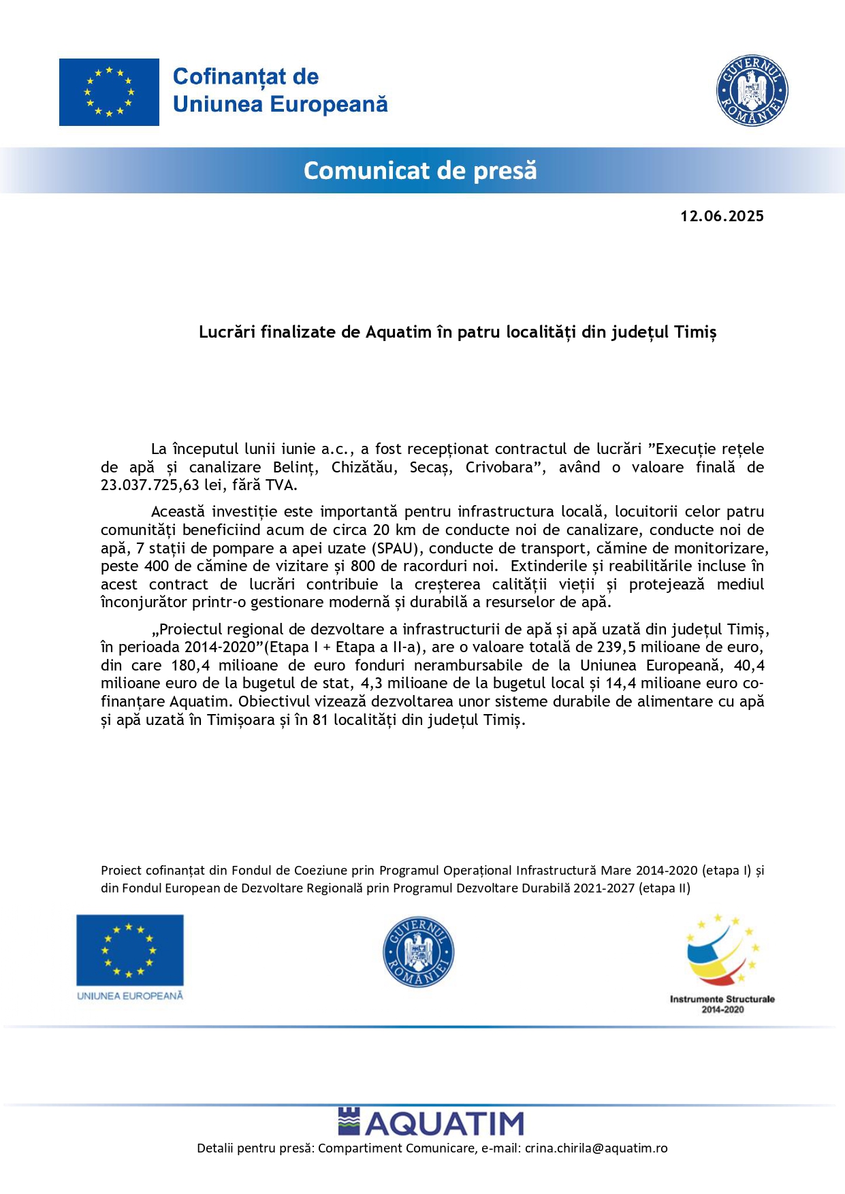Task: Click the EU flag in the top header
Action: coord(109,92)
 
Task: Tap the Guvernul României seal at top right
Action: coord(752,91)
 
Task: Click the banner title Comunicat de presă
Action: coord(420,170)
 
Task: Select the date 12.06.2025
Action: coord(722,216)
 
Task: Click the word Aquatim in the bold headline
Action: coord(398,332)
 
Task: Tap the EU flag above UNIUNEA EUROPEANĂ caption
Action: coord(129,950)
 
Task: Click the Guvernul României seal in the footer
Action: coord(418,952)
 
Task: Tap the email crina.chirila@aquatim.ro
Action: coord(596,1148)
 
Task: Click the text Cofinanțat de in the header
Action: coord(246,77)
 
